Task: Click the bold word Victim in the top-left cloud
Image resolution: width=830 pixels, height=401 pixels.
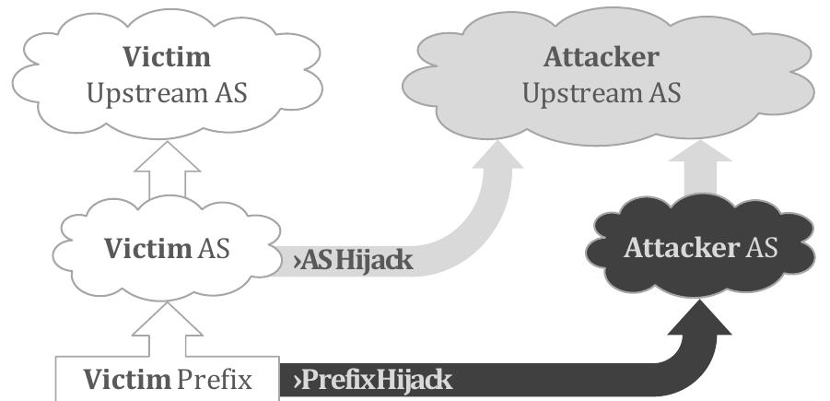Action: pos(169,57)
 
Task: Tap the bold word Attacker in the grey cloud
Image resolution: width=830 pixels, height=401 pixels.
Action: pos(601,57)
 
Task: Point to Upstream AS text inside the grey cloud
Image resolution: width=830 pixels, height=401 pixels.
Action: pos(602,93)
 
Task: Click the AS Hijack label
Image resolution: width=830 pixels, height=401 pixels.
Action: pos(353,261)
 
